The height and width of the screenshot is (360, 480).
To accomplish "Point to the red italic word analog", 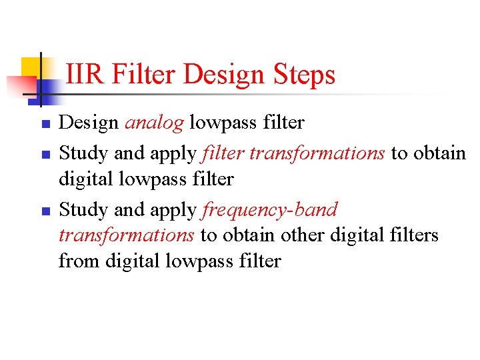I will click(x=154, y=123).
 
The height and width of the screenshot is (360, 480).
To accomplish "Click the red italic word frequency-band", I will click(x=270, y=210).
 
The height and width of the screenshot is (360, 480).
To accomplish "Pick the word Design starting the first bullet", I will click(x=89, y=123).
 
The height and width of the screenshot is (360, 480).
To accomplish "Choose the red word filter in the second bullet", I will click(x=223, y=153).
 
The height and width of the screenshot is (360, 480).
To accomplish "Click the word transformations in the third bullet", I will click(x=127, y=235).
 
